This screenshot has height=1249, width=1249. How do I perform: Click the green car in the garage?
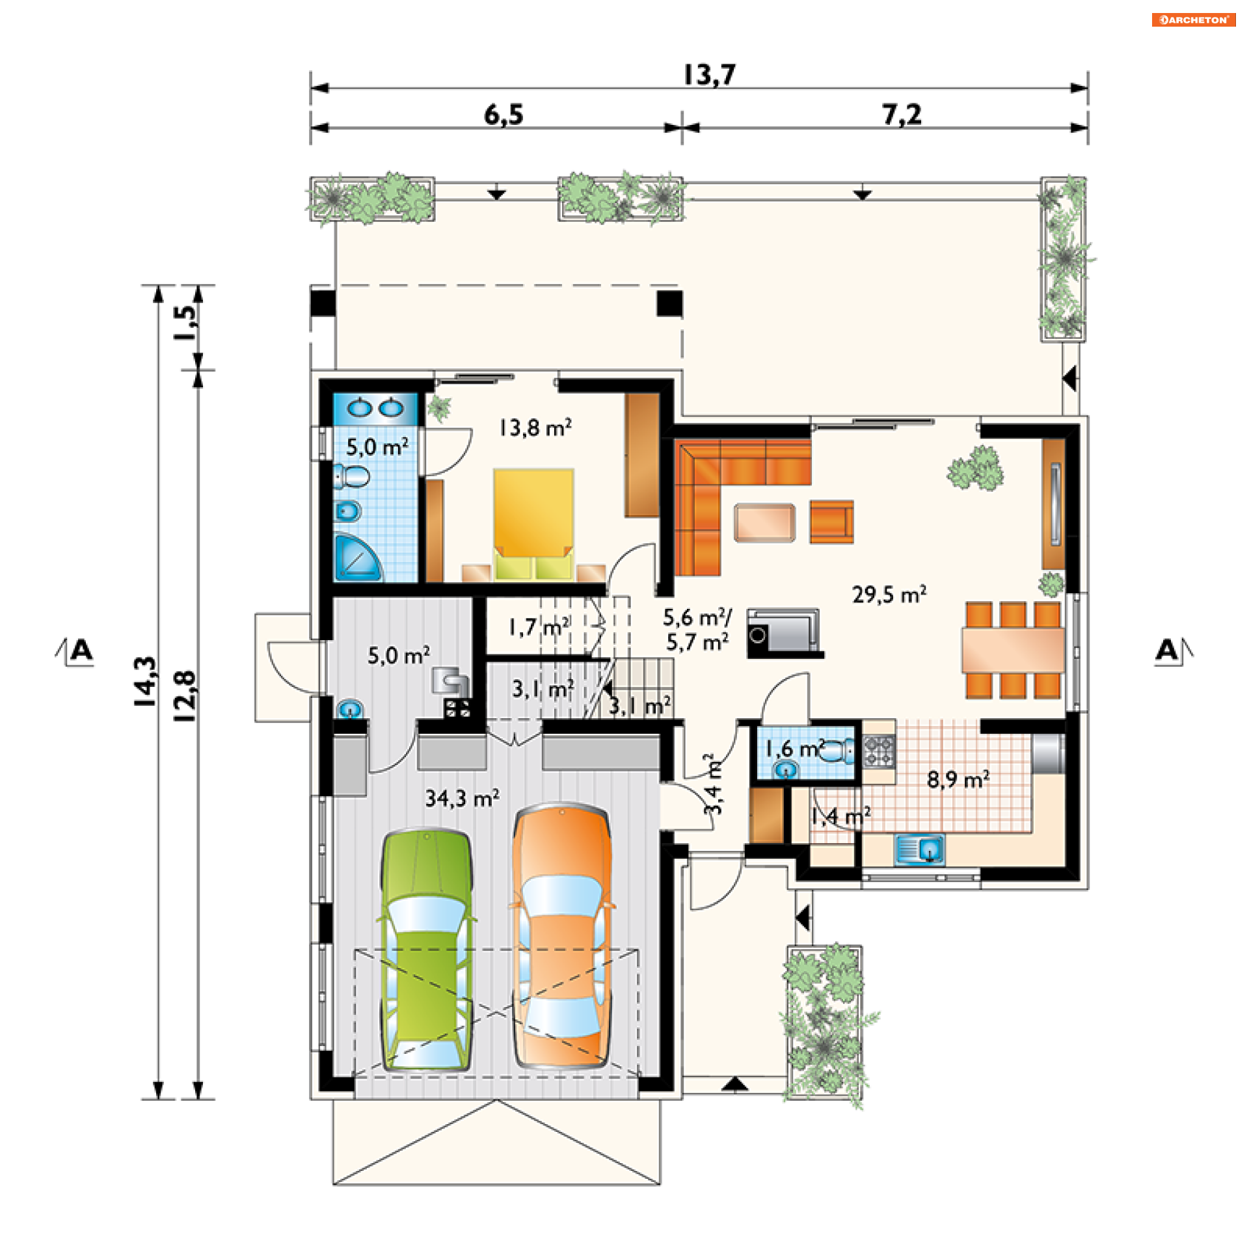point(426,950)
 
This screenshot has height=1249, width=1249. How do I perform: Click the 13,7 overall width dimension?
point(709,75)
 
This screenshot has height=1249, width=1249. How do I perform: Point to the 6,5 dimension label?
point(504,115)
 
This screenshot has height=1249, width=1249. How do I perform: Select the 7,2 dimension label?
point(902,115)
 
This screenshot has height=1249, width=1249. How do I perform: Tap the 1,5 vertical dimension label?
point(185,323)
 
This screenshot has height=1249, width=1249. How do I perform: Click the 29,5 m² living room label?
point(889,594)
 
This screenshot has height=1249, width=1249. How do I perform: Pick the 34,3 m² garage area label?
point(463,798)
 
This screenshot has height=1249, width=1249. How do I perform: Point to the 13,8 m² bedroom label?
point(535,427)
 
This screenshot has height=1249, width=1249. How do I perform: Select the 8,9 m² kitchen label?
point(958,779)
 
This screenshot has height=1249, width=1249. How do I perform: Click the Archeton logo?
point(1194,20)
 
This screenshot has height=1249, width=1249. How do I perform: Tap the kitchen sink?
point(920,850)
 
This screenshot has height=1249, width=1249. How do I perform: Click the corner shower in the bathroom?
point(357,557)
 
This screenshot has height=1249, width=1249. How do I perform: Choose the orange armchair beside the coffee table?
point(831,522)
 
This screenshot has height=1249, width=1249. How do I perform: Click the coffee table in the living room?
point(764,522)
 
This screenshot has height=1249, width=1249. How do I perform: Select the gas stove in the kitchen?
point(879,751)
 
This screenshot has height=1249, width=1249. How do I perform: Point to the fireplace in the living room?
point(783,633)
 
